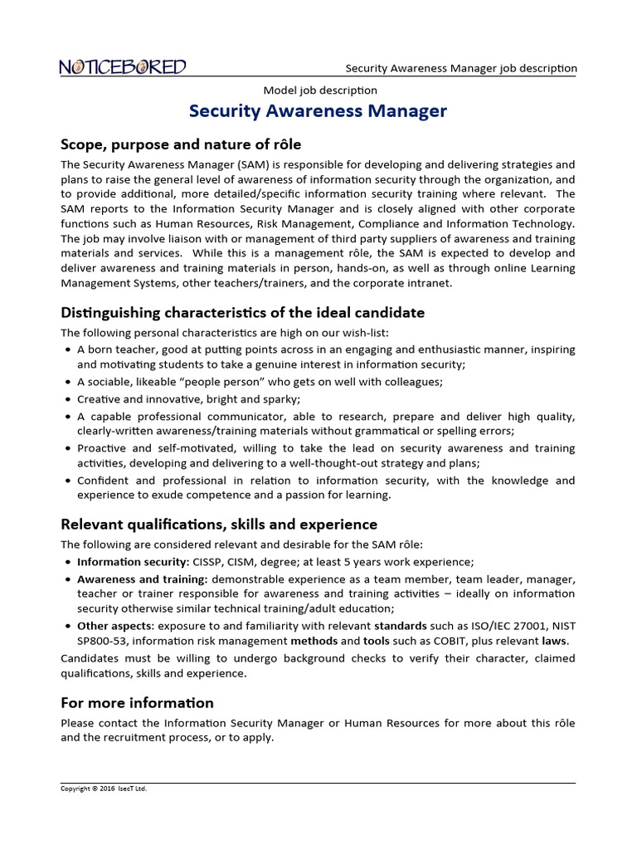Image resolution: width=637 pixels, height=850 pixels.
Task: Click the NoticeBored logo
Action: coord(123,67)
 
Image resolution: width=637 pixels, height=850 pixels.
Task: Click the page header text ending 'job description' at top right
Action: coord(461,68)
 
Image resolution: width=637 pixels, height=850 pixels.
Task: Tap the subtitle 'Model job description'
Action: coord(320,90)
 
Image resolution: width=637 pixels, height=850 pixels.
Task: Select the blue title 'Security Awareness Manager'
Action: coord(318,111)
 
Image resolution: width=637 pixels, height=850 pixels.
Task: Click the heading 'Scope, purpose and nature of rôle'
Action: coord(181,144)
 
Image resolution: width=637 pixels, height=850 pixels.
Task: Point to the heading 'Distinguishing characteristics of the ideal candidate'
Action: coord(242,313)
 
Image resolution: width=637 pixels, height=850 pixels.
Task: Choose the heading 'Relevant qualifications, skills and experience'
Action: coord(219,525)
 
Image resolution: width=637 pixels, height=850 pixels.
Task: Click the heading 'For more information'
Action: coord(137,703)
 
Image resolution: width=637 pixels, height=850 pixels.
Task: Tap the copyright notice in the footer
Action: coord(104,789)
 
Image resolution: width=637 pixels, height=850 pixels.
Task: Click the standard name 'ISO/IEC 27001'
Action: coord(497,626)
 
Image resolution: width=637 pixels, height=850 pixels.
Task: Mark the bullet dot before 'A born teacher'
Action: coord(66,350)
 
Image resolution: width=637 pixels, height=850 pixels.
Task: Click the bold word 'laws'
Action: coord(555,642)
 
